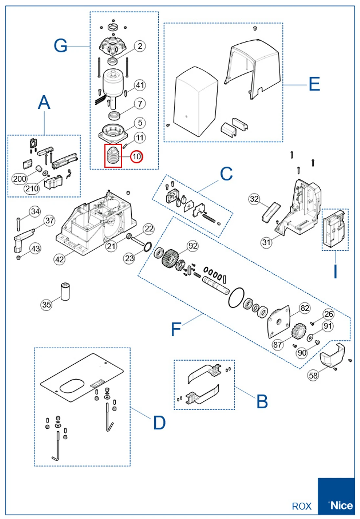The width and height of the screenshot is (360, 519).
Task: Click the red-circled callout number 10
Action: click(x=137, y=156)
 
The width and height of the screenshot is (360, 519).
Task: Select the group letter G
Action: click(x=60, y=46)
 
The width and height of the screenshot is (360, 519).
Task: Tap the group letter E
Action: click(x=314, y=84)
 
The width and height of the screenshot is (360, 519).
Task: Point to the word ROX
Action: click(x=302, y=506)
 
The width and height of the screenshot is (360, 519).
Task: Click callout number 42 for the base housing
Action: click(x=59, y=259)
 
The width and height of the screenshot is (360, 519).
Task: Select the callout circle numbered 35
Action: click(x=47, y=305)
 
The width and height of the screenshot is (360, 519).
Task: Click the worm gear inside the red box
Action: click(x=113, y=156)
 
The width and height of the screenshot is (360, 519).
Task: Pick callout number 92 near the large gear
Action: click(x=193, y=246)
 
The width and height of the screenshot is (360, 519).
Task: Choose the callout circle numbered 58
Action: click(x=313, y=375)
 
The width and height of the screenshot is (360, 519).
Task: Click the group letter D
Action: click(x=160, y=423)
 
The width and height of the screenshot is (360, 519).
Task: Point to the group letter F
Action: click(x=176, y=329)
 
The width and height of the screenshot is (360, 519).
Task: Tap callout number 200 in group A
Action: click(x=19, y=179)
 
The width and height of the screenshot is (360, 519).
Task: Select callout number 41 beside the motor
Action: click(x=140, y=85)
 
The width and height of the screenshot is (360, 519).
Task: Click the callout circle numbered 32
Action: click(x=254, y=199)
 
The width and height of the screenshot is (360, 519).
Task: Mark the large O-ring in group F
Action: click(x=236, y=298)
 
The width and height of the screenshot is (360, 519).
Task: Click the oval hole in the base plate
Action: click(x=72, y=386)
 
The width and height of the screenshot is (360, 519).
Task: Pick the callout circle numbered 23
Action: click(x=129, y=259)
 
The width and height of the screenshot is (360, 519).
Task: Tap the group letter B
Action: click(x=262, y=401)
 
